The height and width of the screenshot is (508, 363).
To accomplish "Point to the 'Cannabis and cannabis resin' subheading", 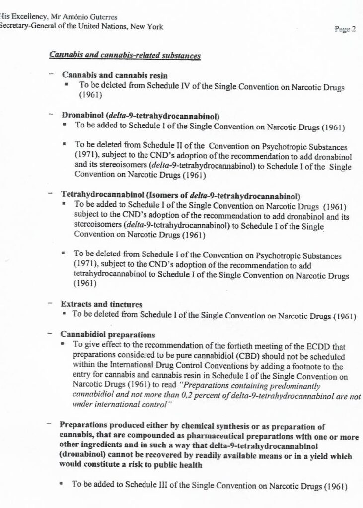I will [115, 76].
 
